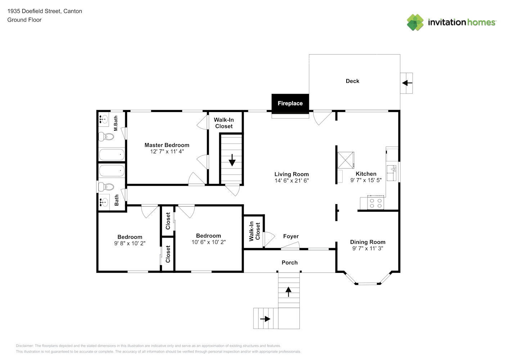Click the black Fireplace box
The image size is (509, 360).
click(x=290, y=104)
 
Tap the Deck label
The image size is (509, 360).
click(x=352, y=81)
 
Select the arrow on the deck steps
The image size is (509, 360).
click(x=407, y=83)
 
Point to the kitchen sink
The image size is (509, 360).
click(x=392, y=173)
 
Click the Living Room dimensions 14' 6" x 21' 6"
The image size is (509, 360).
click(x=292, y=181)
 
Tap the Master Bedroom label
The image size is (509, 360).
click(x=167, y=145)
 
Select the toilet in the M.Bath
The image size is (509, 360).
click(x=106, y=137)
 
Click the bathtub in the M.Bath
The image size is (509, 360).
click(x=112, y=154)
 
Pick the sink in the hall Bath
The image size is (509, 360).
click(x=104, y=202)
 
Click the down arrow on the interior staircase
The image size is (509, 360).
click(x=232, y=160)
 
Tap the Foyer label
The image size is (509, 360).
click(x=291, y=237)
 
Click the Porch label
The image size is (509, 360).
click(x=289, y=263)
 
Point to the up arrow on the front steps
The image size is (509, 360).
click(x=288, y=292)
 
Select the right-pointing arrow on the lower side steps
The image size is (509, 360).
click(x=265, y=319)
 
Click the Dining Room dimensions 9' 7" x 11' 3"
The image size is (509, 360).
click(x=368, y=248)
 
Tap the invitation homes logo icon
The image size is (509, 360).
click(x=415, y=22)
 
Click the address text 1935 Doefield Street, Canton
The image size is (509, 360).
click(x=45, y=11)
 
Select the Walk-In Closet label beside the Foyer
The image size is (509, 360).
click(x=254, y=231)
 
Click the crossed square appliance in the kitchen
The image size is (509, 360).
click(x=346, y=160)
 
